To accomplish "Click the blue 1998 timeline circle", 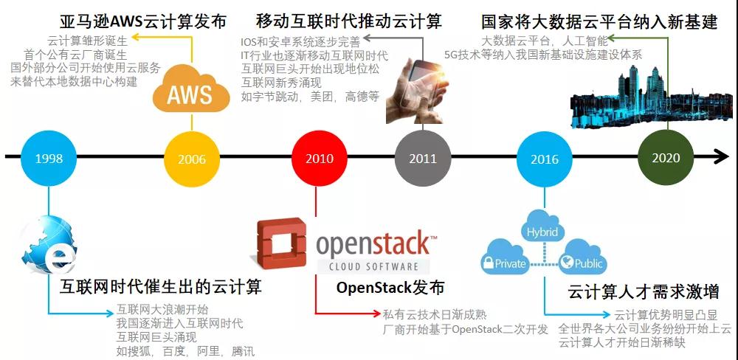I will pos(49,158).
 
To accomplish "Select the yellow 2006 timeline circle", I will pos(191,158).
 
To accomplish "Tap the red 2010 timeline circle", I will pos(320,158).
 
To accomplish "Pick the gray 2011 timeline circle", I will pos(423,158).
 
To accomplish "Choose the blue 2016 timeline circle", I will pos(545,158).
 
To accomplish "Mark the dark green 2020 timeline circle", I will pos(666,158).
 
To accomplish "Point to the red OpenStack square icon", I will pos(280,246).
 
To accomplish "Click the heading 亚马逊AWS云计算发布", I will pos(142,21).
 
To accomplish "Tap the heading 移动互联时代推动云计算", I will pos(348,21).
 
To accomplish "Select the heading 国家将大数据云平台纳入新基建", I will pos(599,21).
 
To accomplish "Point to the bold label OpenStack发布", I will pos(390,287).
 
